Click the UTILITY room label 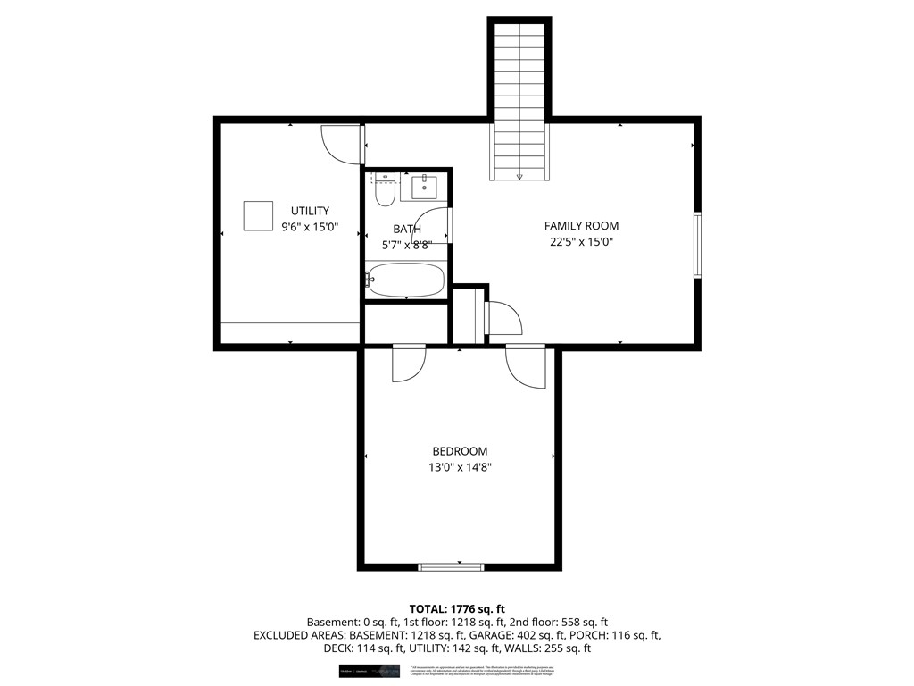pos(309,211)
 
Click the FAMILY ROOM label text pos(581,226)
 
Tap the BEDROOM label pos(460,451)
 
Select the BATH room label pos(406,229)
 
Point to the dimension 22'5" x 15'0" pos(581,241)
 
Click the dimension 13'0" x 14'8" pos(460,466)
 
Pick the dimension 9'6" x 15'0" pos(309,227)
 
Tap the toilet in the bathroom pos(385,192)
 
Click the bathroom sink pos(423,188)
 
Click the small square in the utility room pos(258,216)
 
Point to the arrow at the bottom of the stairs pos(519,177)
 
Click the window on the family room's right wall pos(697,245)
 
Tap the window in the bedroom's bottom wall pos(451,566)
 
